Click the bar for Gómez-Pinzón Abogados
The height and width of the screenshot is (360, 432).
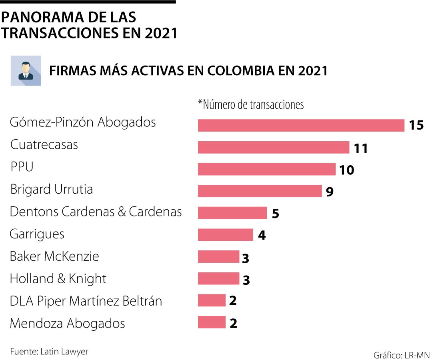pos(301,125)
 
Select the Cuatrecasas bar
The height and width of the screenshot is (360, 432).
pos(273,147)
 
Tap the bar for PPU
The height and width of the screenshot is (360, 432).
pos(266,169)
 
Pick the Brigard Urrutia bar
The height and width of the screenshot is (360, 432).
pos(260,191)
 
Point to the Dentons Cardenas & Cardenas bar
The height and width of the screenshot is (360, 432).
pos(232,213)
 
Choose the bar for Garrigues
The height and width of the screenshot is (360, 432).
pos(225,235)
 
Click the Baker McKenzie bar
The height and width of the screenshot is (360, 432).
pos(218,256)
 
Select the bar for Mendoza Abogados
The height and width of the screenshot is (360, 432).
pos(212,322)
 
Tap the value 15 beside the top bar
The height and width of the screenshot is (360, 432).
pos(416,126)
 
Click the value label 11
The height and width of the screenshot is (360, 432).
pos(360,148)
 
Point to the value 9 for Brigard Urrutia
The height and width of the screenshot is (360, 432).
pos(330,192)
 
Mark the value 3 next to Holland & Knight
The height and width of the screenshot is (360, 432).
pos(246,280)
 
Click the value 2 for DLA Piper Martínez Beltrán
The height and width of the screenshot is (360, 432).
pos(233,301)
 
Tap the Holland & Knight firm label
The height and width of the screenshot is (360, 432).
pos(58,278)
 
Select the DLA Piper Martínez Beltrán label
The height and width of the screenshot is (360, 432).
pos(86,301)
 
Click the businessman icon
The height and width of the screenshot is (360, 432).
pos(26,71)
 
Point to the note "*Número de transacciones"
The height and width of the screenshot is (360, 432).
pos(251,105)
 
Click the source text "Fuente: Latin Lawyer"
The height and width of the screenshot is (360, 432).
pos(49,352)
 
